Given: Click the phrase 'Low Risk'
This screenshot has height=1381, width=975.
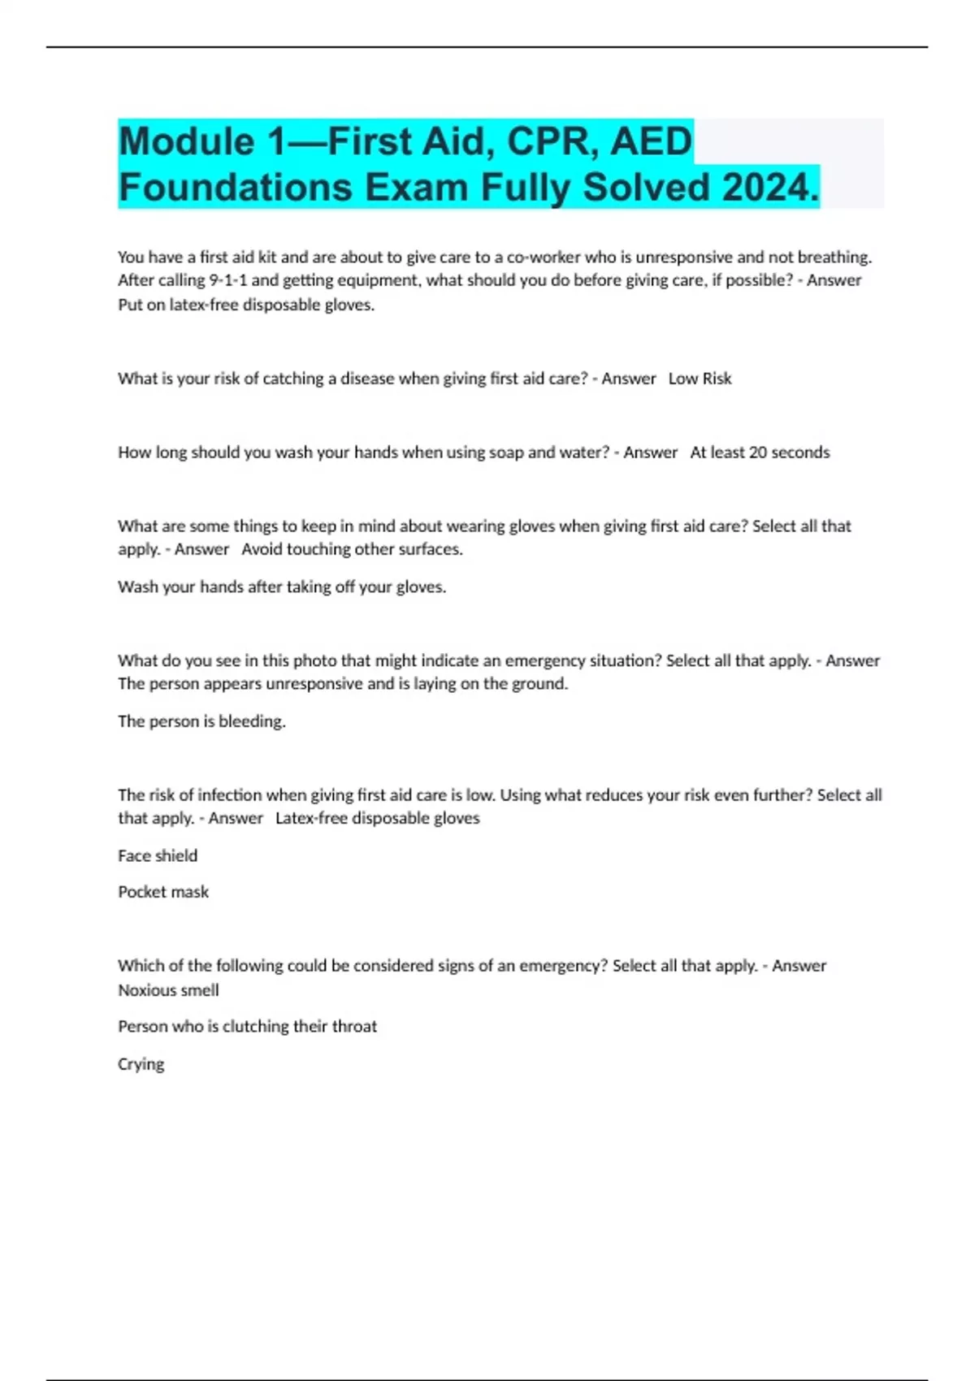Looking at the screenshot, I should click(700, 379).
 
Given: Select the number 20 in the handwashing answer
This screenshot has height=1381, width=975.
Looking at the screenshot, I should click(757, 452).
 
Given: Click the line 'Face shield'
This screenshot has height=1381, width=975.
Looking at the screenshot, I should click(158, 855).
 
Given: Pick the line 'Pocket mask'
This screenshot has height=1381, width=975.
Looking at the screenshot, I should click(163, 892).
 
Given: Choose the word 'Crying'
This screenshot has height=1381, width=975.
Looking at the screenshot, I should click(141, 1064).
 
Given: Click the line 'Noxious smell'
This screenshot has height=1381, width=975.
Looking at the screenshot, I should click(168, 990).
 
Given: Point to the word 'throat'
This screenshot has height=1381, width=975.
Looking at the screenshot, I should click(353, 1027).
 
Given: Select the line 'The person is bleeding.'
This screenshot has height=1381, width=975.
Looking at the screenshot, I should click(201, 721).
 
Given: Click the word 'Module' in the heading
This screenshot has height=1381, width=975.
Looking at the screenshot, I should click(187, 142).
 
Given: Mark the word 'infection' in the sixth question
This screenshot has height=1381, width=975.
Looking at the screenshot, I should click(230, 795).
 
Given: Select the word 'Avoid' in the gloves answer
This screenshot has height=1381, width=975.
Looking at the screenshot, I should click(261, 549).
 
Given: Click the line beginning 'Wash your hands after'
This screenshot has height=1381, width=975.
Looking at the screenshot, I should click(282, 587).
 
